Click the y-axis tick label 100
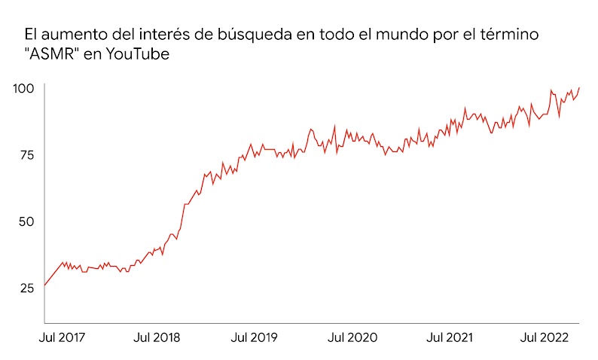pyautogui.click(x=24, y=89)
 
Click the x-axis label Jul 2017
pyautogui.click(x=63, y=338)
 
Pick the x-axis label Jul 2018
pyautogui.click(x=157, y=338)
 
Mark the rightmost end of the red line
pyautogui.click(x=579, y=88)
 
